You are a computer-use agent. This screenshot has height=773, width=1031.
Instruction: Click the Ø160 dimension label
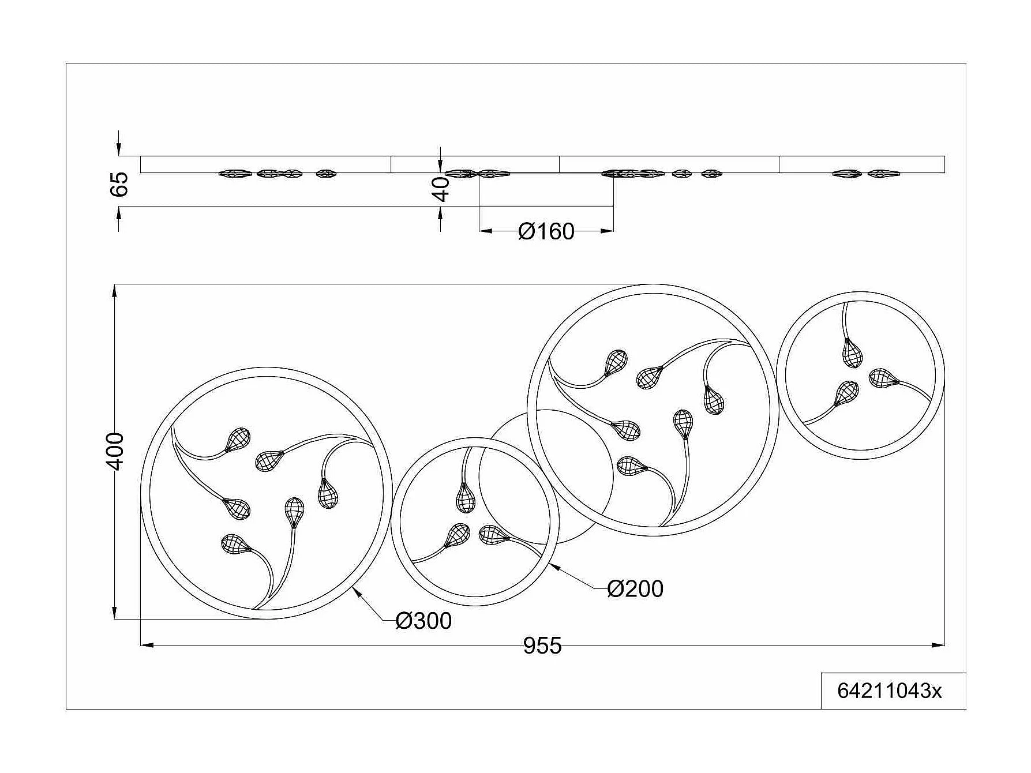546,232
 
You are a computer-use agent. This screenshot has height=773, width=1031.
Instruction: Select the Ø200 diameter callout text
635,589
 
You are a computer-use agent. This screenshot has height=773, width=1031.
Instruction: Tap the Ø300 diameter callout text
423,621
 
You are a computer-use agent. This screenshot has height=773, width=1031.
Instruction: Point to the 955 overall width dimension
542,646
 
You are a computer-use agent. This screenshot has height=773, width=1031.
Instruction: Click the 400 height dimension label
117,451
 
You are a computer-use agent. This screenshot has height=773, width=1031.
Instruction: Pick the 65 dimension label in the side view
119,184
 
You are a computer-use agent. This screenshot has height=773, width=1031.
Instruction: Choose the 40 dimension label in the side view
441,189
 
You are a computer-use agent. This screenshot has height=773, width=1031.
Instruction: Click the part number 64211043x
889,691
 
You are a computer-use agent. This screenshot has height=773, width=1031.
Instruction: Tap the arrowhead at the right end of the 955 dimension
939,645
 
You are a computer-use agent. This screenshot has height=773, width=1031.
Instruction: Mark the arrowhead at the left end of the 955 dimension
148,645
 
